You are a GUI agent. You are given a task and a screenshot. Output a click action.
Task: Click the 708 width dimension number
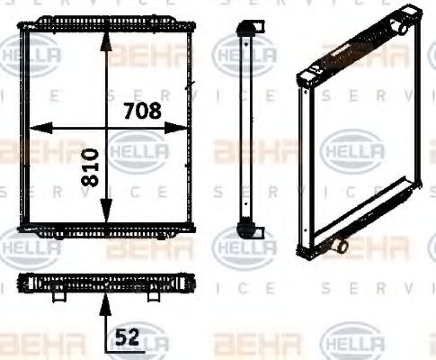[141, 112]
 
